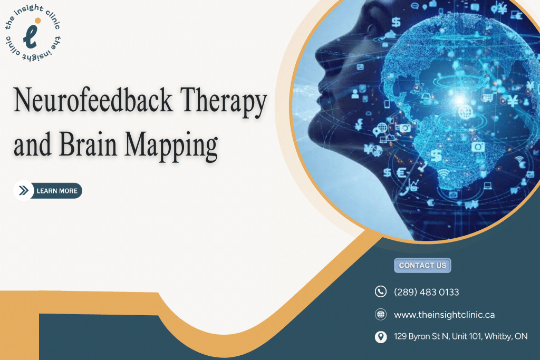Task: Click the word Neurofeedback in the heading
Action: [x=93, y=100]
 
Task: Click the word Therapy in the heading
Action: [x=224, y=102]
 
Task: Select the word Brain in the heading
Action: [x=88, y=144]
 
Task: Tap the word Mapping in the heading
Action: [x=171, y=147]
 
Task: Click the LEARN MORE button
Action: [x=48, y=191]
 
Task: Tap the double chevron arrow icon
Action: [x=23, y=191]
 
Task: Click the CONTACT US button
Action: [x=422, y=265]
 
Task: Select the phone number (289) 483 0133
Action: [x=426, y=292]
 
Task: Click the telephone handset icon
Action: [x=381, y=291]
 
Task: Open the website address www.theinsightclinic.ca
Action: [x=444, y=315]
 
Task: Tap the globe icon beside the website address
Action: [x=381, y=314]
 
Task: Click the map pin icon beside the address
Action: [x=381, y=337]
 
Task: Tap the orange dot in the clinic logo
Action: [x=38, y=21]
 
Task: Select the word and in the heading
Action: [x=33, y=144]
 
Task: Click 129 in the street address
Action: [x=400, y=336]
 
